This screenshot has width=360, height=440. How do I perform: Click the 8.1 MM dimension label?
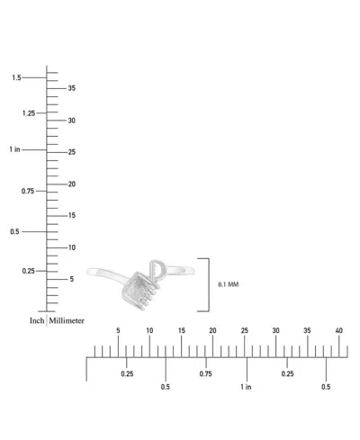pyautogui.click(x=229, y=284)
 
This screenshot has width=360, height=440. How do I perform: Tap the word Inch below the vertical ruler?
pyautogui.click(x=37, y=320)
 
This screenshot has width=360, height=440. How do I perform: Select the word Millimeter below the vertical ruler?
pyautogui.click(x=67, y=320)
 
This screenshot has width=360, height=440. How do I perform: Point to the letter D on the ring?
pyautogui.click(x=157, y=269)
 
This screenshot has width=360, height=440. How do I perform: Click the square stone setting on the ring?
pyautogui.click(x=137, y=290)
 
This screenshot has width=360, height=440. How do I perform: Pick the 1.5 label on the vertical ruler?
pyautogui.click(x=16, y=77)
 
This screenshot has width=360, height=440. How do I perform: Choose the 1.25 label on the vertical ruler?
pyautogui.click(x=29, y=113)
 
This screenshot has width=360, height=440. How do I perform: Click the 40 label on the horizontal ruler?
pyautogui.click(x=338, y=330)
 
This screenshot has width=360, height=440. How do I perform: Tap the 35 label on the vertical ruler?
pyautogui.click(x=72, y=88)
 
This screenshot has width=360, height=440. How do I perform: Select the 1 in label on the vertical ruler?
pyautogui.click(x=14, y=149)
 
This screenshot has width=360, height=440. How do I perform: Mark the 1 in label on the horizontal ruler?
pyautogui.click(x=246, y=387)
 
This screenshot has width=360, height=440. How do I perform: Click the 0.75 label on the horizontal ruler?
pyautogui.click(x=205, y=373)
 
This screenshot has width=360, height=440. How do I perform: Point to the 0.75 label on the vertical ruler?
pyautogui.click(x=28, y=191)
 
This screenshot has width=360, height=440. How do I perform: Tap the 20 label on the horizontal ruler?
pyautogui.click(x=212, y=330)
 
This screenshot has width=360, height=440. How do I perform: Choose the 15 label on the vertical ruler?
pyautogui.click(x=72, y=215)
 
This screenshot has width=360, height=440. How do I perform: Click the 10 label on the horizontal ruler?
pyautogui.click(x=149, y=330)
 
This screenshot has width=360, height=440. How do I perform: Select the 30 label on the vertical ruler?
pyautogui.click(x=72, y=121)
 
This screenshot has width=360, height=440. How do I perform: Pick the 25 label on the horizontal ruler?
pyautogui.click(x=245, y=330)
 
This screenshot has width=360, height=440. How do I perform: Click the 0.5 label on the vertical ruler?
pyautogui.click(x=14, y=231)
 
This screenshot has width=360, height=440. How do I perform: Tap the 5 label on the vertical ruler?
pyautogui.click(x=72, y=279)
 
